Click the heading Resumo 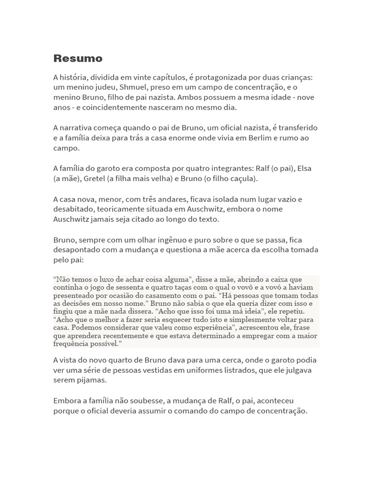click(x=78, y=59)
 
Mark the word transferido click(x=296, y=128)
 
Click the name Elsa click(x=304, y=168)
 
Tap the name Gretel click(x=94, y=179)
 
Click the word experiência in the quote click(x=207, y=328)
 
